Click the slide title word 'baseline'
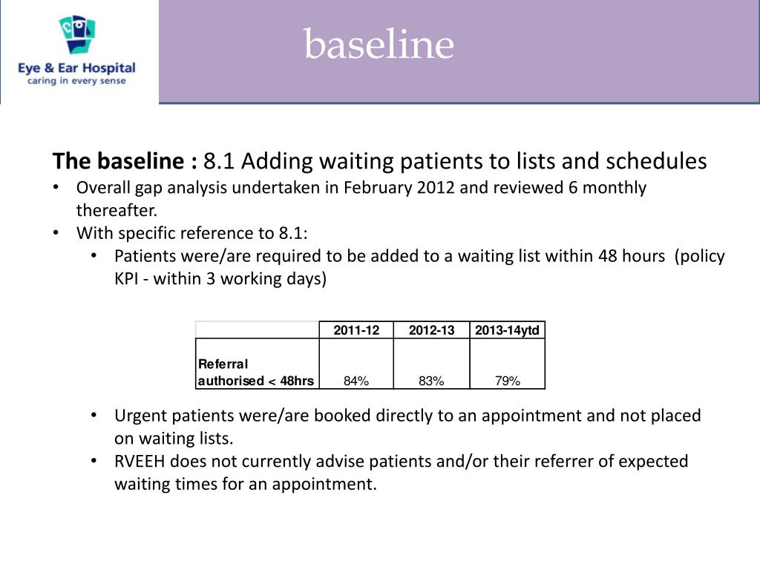point(379,45)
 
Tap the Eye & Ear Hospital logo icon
point(77,35)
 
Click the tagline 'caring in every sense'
point(76,81)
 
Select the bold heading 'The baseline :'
point(125,161)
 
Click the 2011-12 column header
point(356,330)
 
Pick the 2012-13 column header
point(431,330)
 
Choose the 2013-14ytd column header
point(508,330)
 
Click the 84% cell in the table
point(356,381)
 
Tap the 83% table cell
point(431,381)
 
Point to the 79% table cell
point(508,381)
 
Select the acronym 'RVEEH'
point(140,462)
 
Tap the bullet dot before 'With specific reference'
point(57,233)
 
